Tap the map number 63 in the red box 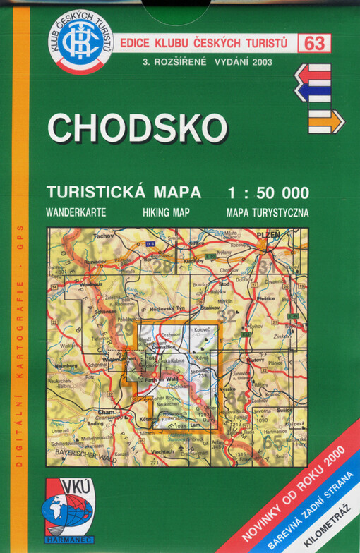(x=315, y=44)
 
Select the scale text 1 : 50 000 (x=267, y=193)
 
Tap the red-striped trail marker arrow (x=313, y=71)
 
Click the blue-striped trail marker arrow (x=313, y=91)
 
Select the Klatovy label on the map (x=255, y=360)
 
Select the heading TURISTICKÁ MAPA (x=124, y=193)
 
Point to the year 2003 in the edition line (x=260, y=61)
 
